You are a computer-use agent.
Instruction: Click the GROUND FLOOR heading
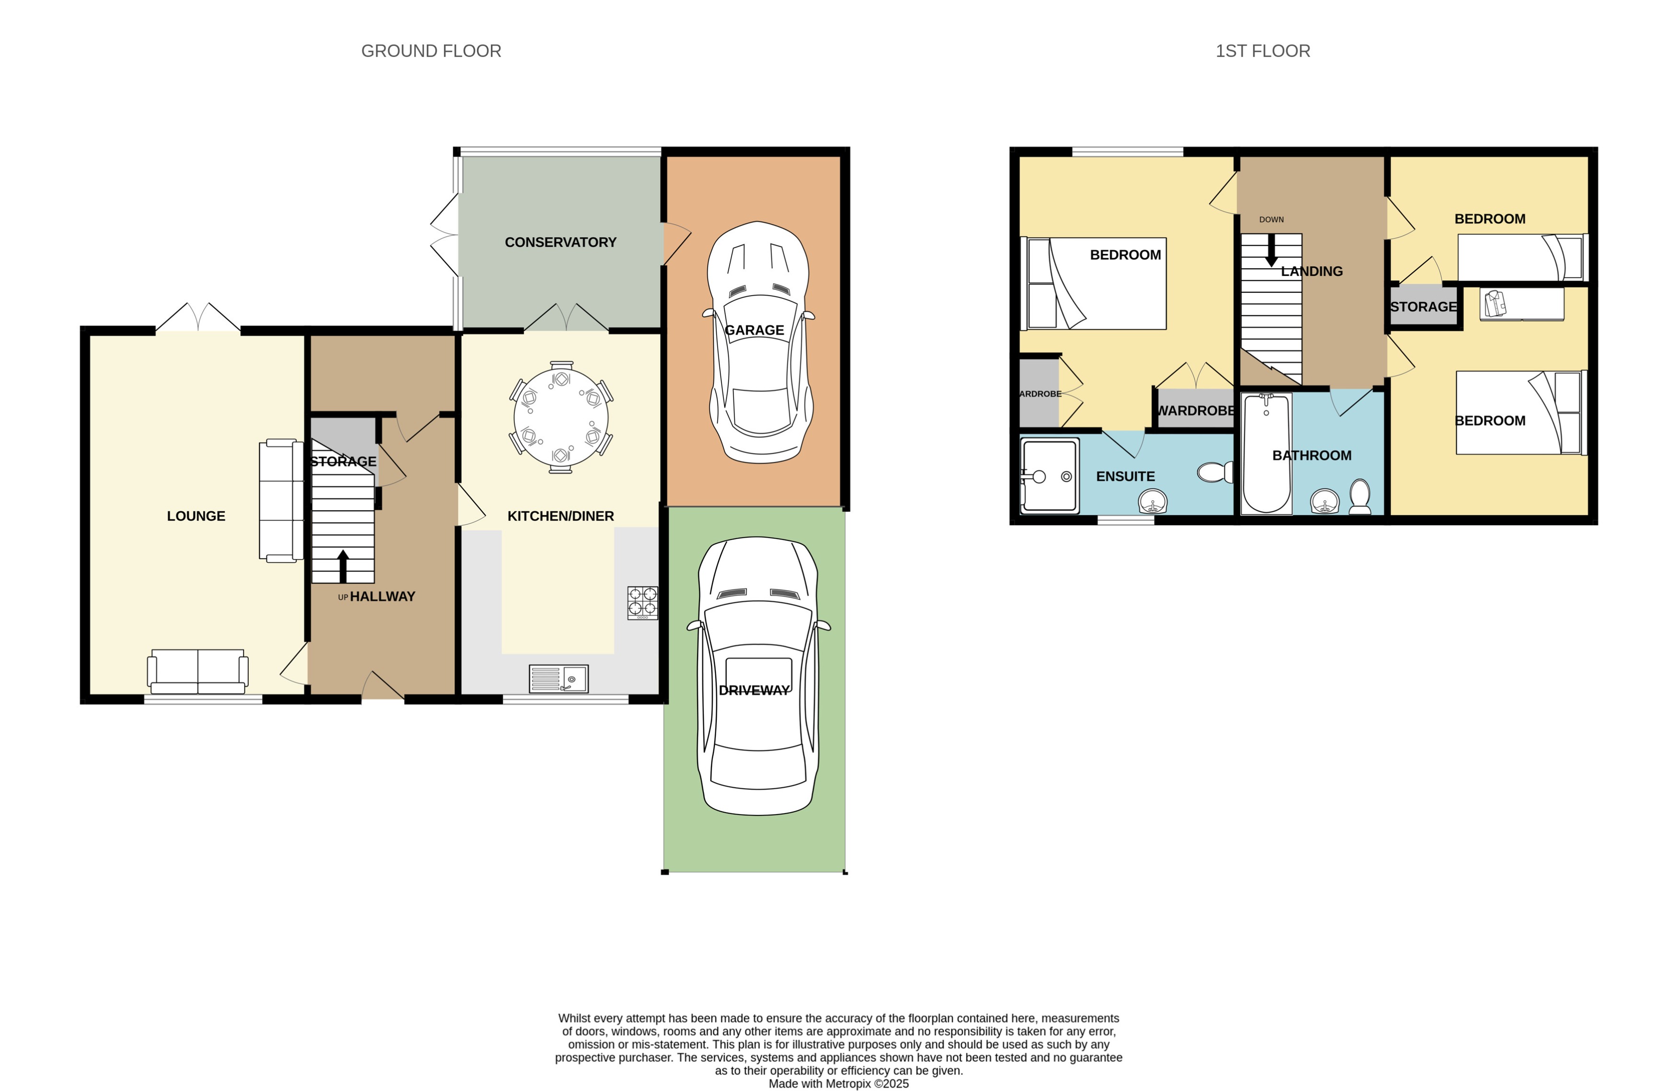431,51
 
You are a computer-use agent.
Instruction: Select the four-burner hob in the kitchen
642,603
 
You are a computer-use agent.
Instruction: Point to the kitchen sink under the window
559,679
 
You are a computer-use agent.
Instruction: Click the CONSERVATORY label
560,242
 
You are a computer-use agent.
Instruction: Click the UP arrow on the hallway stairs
343,565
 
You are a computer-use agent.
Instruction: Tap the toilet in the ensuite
1215,471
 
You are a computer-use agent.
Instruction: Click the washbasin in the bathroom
1325,502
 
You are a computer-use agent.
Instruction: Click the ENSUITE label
1125,476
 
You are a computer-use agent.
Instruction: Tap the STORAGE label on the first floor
1423,307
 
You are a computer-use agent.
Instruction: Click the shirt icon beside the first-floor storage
1495,303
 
